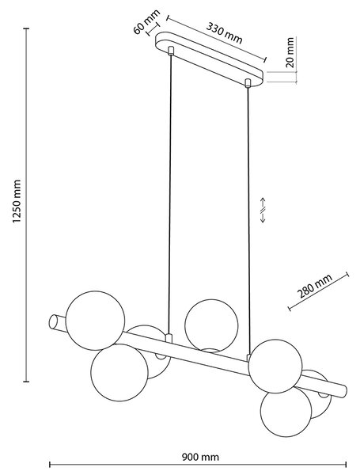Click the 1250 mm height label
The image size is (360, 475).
point(17,201)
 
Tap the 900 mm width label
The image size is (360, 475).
point(200,457)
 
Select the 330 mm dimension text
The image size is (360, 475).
point(225,32)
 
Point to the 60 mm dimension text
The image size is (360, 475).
point(146,22)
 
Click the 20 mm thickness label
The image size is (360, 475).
point(290,52)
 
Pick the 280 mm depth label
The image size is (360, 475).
point(315,286)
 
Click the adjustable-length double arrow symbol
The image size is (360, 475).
point(263,211)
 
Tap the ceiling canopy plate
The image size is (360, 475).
point(209,59)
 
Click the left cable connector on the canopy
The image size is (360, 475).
point(171,51)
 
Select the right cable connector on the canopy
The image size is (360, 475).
point(248,83)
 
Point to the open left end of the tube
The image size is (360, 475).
point(53,321)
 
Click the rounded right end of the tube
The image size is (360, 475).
point(344,389)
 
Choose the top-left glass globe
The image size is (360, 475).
point(95,321)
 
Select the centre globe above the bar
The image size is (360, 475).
point(211,325)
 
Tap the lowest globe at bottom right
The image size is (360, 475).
point(286,412)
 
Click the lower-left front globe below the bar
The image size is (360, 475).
point(119,373)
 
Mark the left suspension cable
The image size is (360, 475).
point(169,195)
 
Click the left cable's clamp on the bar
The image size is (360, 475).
point(169,338)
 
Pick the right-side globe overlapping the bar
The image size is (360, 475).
point(275,366)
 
